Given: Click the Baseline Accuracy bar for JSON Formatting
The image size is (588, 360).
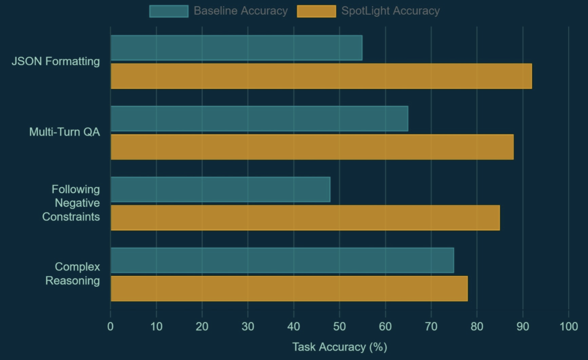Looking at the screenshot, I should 236,48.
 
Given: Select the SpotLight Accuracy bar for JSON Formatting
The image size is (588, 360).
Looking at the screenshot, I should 321,76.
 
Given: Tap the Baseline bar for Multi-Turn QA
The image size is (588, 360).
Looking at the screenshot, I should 259,119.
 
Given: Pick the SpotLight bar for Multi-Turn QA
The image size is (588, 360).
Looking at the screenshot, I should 312,147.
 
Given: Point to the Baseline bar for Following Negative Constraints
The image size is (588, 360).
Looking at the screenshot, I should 220,189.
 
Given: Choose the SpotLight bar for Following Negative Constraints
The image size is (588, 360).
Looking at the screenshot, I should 305,218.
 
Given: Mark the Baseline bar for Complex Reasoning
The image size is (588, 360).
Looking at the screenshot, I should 282,260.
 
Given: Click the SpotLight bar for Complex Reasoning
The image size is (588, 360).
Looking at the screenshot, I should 289,288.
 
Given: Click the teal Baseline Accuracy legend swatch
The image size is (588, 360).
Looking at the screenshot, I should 169,11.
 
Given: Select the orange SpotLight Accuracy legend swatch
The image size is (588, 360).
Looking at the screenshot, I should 316,11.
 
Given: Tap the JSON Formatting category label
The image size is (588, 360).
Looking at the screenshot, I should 55,61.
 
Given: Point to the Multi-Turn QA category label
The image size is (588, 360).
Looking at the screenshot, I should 64,132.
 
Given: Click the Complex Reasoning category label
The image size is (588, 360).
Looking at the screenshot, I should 73,274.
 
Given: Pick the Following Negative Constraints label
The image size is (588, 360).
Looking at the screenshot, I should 71,203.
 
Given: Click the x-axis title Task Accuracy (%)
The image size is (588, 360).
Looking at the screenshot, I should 340,347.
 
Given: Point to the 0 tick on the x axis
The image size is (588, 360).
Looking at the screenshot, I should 111,326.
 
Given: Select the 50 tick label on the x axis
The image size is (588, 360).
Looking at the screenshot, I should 339,326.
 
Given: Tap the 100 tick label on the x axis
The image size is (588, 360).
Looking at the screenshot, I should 569,326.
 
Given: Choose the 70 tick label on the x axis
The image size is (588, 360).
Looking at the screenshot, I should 431,326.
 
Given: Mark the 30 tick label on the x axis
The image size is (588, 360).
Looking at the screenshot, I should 248,326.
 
